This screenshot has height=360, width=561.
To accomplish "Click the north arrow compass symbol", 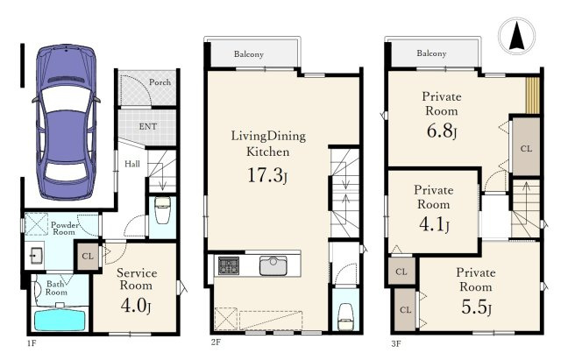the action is point(516,36).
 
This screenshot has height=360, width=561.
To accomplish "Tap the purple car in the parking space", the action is point(67,122).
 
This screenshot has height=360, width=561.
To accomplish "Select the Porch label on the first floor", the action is point(160,81).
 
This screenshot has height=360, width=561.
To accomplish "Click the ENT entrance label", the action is point(147,126).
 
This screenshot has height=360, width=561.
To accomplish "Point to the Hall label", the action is point(132,164).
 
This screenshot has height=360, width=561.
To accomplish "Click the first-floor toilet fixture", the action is point(162,210).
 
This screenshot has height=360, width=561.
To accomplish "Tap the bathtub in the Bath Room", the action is point(60,319).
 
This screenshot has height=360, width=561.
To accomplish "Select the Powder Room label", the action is point(64,228).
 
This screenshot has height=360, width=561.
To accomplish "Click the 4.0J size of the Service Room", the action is point(136,306).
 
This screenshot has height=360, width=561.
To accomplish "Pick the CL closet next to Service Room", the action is point(88,256).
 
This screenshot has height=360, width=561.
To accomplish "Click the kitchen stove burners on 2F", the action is point(229,265).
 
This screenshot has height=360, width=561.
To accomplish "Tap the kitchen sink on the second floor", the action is point(273,265).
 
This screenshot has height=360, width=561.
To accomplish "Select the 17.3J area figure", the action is point(267,175).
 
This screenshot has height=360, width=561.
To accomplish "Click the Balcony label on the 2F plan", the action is point(249,54).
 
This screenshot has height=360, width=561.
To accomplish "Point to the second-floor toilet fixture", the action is point(345,316).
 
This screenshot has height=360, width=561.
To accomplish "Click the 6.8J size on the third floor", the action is point(442,131).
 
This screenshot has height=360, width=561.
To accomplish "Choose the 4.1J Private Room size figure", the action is point(434,224).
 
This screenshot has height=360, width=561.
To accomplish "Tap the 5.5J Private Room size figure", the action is point(476,307).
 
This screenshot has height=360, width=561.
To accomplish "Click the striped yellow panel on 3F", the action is point(532,95).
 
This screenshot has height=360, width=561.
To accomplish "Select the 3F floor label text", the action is point(395,343).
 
